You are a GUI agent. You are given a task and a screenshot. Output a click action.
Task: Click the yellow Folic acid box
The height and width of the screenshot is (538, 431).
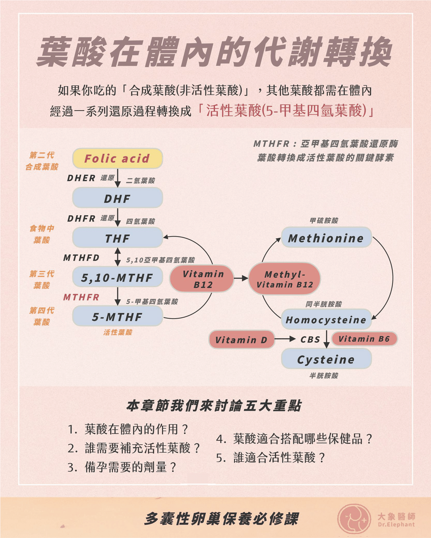[117, 158]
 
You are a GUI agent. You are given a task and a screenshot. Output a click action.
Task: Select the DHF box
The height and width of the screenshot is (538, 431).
[117, 198]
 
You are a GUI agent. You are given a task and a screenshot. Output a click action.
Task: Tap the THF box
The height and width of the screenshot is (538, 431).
[117, 237]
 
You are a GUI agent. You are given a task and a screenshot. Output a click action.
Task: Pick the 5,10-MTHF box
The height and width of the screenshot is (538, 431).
[117, 277]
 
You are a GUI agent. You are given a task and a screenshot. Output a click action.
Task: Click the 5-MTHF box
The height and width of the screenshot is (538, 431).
[117, 316]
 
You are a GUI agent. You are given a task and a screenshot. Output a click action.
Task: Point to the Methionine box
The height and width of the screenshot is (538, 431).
[326, 237]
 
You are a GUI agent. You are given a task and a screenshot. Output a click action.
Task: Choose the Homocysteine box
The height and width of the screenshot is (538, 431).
[326, 319]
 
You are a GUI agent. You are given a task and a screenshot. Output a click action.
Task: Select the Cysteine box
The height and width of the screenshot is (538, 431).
[326, 359]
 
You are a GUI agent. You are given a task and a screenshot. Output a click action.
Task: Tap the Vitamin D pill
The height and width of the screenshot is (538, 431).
[242, 339]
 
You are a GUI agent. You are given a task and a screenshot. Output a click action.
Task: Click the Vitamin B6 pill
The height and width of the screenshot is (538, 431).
[364, 339]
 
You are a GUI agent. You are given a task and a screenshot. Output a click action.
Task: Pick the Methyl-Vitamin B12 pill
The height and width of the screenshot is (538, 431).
[285, 279]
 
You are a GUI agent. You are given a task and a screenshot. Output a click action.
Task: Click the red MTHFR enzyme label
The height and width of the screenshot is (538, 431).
[81, 297]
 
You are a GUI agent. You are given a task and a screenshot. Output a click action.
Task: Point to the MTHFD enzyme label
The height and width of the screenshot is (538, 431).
[81, 258]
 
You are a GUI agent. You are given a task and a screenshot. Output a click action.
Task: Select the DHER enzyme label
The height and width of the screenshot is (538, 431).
[81, 178]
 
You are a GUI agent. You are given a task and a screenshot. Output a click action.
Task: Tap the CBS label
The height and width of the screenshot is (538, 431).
[310, 339]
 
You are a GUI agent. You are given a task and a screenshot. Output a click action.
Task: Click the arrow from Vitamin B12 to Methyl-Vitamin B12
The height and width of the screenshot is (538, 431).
[241, 278]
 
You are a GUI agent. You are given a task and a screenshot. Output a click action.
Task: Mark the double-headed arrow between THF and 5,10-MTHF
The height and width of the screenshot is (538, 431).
[117, 257]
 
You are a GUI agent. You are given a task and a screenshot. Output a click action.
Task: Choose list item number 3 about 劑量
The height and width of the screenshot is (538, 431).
[122, 467]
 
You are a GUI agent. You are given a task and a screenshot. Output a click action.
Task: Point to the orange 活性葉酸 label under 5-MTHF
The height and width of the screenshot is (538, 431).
[118, 332]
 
